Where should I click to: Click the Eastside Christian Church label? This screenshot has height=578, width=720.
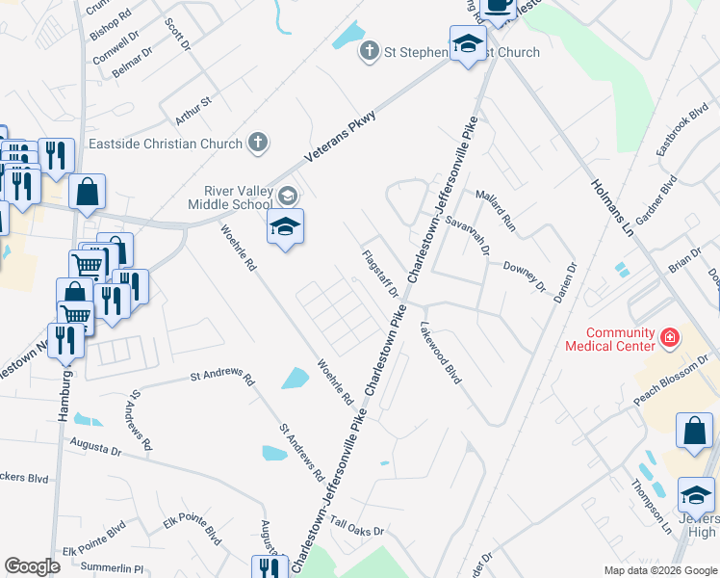tap(166, 144)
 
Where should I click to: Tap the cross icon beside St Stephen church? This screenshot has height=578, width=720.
tap(369, 50)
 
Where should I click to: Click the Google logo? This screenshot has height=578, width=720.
tap(32, 566)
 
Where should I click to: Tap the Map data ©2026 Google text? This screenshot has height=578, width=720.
tap(659, 570)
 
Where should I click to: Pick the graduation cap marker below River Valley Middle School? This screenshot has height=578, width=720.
tap(285, 229)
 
